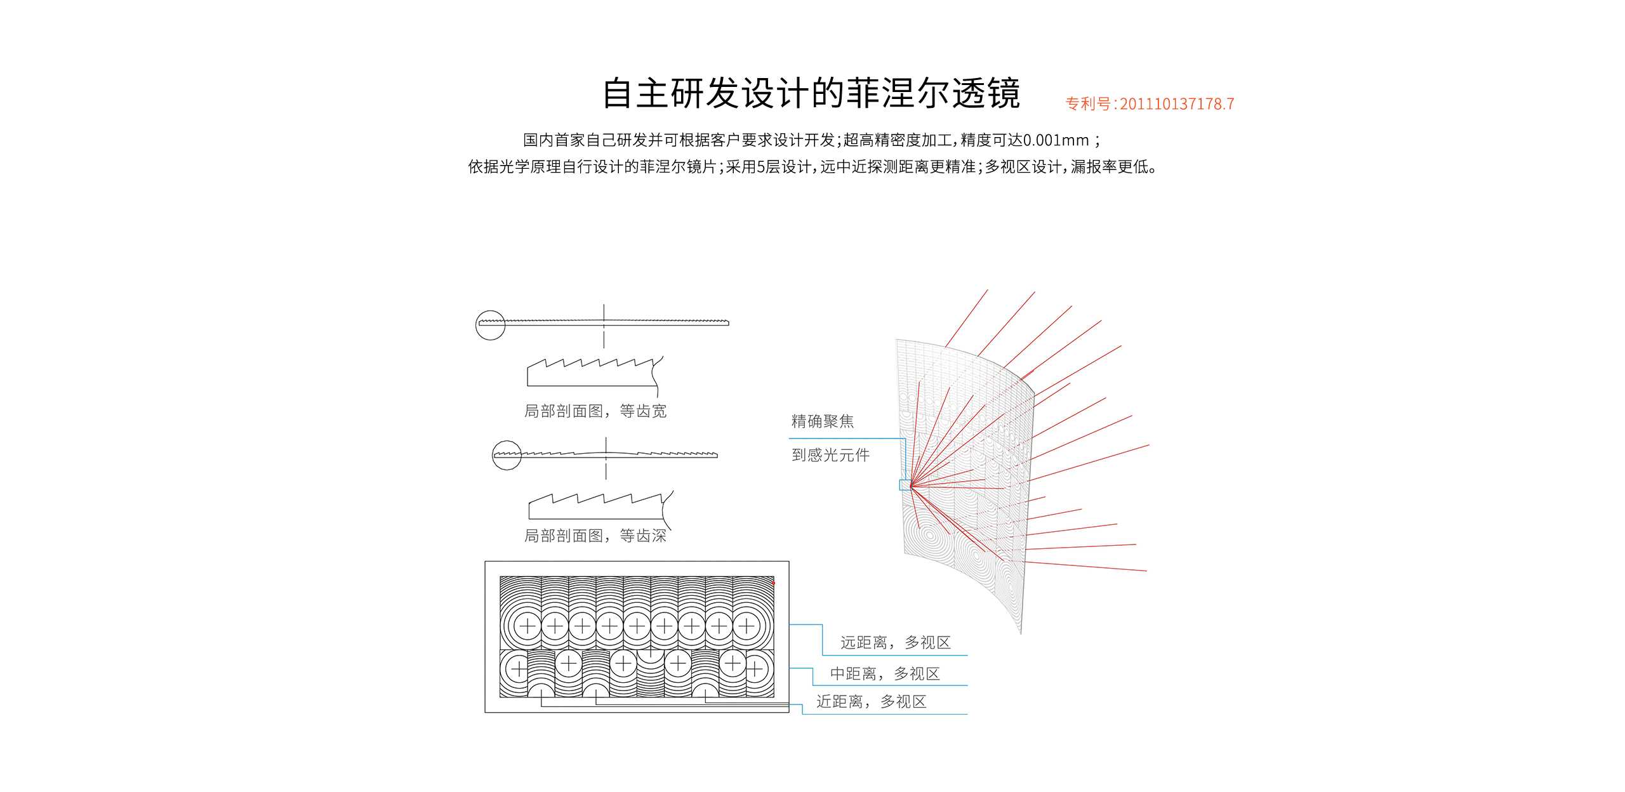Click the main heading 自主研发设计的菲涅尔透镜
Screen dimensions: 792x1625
811,94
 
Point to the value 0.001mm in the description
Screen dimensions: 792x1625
1056,140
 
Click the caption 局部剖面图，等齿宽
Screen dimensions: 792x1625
595,411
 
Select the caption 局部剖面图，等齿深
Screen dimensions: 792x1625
595,536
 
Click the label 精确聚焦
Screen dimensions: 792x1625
822,421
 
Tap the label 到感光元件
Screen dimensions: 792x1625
830,455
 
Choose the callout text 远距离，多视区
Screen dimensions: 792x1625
895,643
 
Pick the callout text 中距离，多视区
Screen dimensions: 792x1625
884,674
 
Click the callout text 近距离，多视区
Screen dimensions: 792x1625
871,702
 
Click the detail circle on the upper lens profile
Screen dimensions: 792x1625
490,325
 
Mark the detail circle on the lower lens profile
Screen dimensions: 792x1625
507,455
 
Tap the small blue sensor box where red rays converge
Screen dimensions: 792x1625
905,485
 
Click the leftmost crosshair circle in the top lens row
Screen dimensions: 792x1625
527,626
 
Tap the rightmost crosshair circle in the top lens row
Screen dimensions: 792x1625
746,626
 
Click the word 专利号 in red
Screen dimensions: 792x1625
1088,104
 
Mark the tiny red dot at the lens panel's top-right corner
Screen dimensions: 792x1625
773,582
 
